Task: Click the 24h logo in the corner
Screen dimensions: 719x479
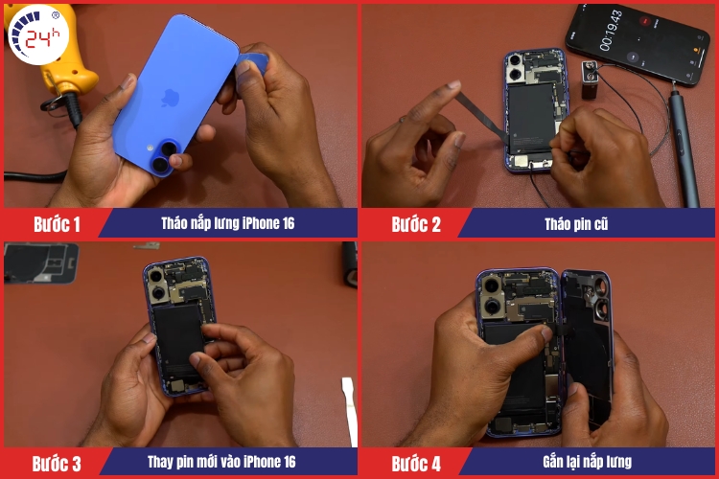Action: [38, 34]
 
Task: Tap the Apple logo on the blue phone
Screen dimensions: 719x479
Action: [170, 98]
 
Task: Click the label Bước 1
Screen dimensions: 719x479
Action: [57, 224]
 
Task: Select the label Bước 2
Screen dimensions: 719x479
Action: [416, 224]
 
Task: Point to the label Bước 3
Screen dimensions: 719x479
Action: [57, 464]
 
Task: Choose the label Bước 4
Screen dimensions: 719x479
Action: [416, 464]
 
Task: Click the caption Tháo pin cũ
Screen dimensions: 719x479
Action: [576, 223]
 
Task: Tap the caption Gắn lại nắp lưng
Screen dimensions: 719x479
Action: [587, 462]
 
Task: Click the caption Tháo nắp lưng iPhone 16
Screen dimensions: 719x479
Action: [228, 223]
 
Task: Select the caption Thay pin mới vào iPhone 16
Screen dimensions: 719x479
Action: [221, 462]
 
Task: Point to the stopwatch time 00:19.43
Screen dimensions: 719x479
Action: [612, 31]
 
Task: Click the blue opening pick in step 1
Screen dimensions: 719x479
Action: [252, 63]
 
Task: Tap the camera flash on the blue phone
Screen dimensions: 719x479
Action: [150, 148]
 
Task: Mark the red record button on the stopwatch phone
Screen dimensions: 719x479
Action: [645, 20]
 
